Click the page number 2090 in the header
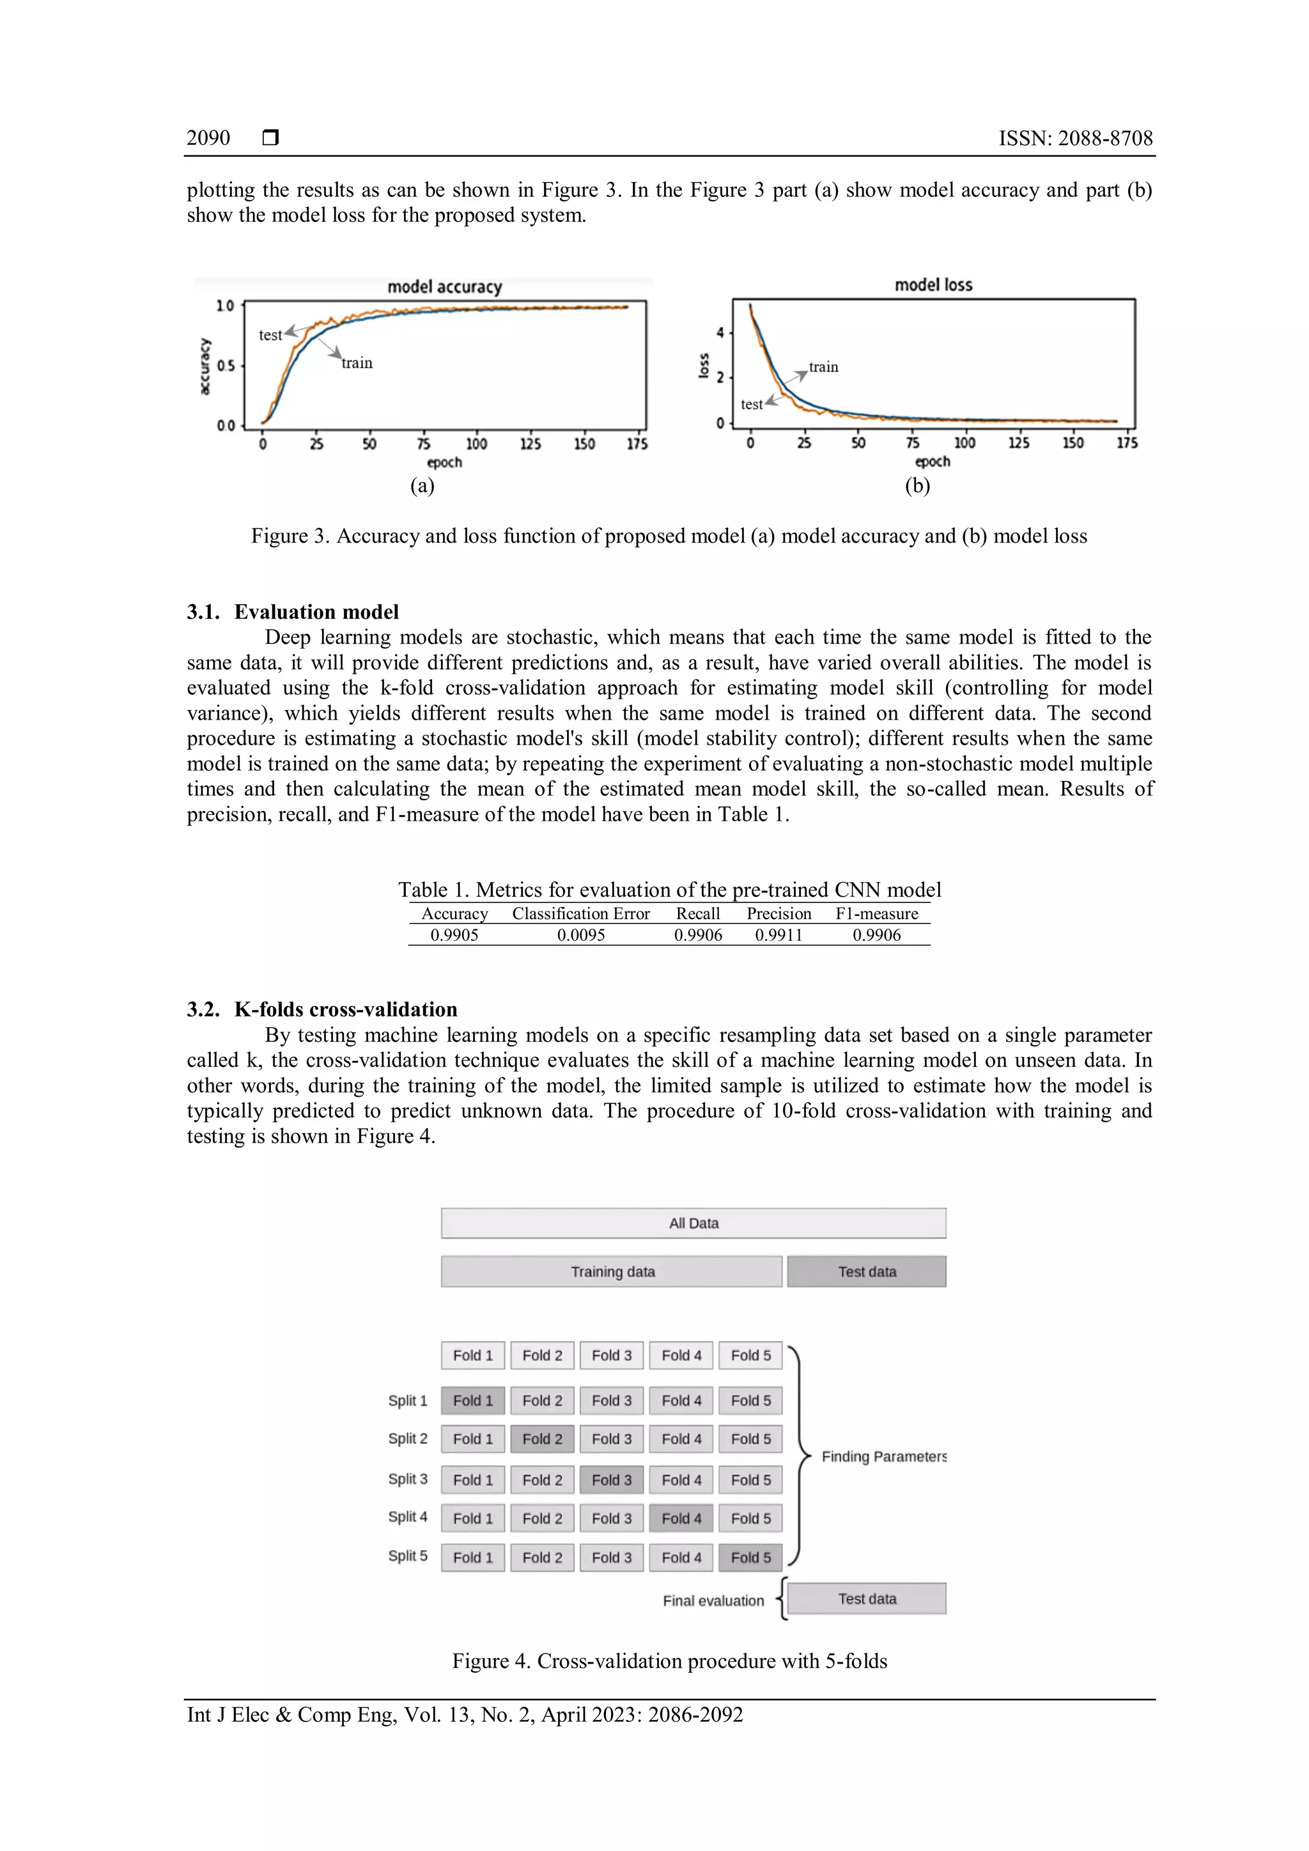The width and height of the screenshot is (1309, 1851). pyautogui.click(x=208, y=138)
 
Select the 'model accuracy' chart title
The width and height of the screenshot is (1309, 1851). pyautogui.click(x=444, y=287)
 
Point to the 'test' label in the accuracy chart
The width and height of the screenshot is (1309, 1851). pyautogui.click(x=270, y=336)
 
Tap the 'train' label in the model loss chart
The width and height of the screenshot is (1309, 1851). pyautogui.click(x=823, y=367)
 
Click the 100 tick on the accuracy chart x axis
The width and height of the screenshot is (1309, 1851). pyautogui.click(x=476, y=444)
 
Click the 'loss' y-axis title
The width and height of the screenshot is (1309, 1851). pyautogui.click(x=704, y=365)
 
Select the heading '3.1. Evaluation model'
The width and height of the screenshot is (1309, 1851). pyautogui.click(x=293, y=611)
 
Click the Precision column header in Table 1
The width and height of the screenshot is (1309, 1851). pyautogui.click(x=778, y=913)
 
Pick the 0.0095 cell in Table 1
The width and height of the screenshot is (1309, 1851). pyautogui.click(x=580, y=935)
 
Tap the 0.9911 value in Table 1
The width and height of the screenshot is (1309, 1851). pyautogui.click(x=778, y=935)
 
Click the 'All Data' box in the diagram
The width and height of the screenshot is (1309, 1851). pyautogui.click(x=693, y=1223)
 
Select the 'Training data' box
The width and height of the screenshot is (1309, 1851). pyautogui.click(x=612, y=1271)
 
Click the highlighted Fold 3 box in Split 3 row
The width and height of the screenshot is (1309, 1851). pyautogui.click(x=611, y=1480)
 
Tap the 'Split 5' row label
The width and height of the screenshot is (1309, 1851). pyautogui.click(x=408, y=1555)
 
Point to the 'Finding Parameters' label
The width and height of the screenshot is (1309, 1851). pyautogui.click(x=883, y=1456)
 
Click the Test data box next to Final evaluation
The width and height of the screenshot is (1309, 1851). pyautogui.click(x=867, y=1598)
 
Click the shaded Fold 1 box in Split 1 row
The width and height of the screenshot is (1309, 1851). pyautogui.click(x=472, y=1400)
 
